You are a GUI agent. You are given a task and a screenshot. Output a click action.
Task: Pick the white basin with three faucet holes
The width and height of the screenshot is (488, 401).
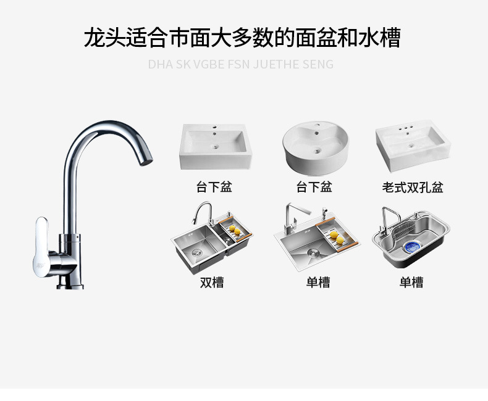point(413,147)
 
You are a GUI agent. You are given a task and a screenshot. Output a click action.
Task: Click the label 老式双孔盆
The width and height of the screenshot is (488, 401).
point(413,187)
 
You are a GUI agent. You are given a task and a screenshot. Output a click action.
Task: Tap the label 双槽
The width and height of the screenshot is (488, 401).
point(212,282)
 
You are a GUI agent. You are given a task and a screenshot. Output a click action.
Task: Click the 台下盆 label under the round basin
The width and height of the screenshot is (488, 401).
point(314,187)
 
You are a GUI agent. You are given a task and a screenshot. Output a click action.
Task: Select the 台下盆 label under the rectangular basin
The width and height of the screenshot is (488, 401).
point(214,187)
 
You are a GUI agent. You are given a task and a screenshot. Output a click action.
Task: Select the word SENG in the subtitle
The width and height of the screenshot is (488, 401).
point(318,64)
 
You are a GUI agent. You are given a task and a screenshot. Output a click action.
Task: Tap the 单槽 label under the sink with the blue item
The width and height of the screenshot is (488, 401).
point(411,282)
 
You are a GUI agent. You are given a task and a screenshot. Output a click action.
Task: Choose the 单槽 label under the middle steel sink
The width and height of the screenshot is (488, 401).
point(318,282)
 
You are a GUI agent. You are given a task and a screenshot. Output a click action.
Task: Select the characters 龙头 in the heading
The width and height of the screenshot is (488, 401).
point(99,38)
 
